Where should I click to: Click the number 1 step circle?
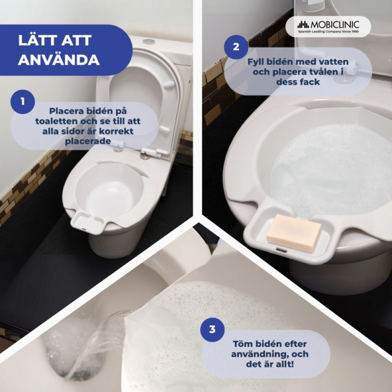click(x=23, y=102)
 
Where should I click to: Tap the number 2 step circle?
click(x=236, y=47)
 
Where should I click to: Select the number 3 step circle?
click(x=212, y=329)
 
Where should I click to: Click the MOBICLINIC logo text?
click(x=335, y=24)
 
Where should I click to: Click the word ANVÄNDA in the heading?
click(x=59, y=59)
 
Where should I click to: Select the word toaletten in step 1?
click(x=56, y=121)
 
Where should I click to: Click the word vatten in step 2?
click(x=332, y=62)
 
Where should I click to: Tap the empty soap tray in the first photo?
click(x=87, y=222)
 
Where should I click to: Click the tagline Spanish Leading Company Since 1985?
click(x=328, y=31)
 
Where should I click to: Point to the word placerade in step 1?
click(x=88, y=141)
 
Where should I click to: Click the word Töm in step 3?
click(x=242, y=344)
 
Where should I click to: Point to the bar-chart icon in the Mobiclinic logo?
click(x=303, y=24)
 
